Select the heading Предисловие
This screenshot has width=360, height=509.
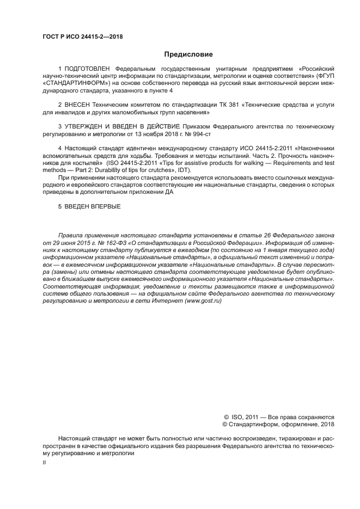pyautogui.click(x=188, y=54)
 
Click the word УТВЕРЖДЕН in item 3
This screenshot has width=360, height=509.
pyautogui.click(x=87, y=126)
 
